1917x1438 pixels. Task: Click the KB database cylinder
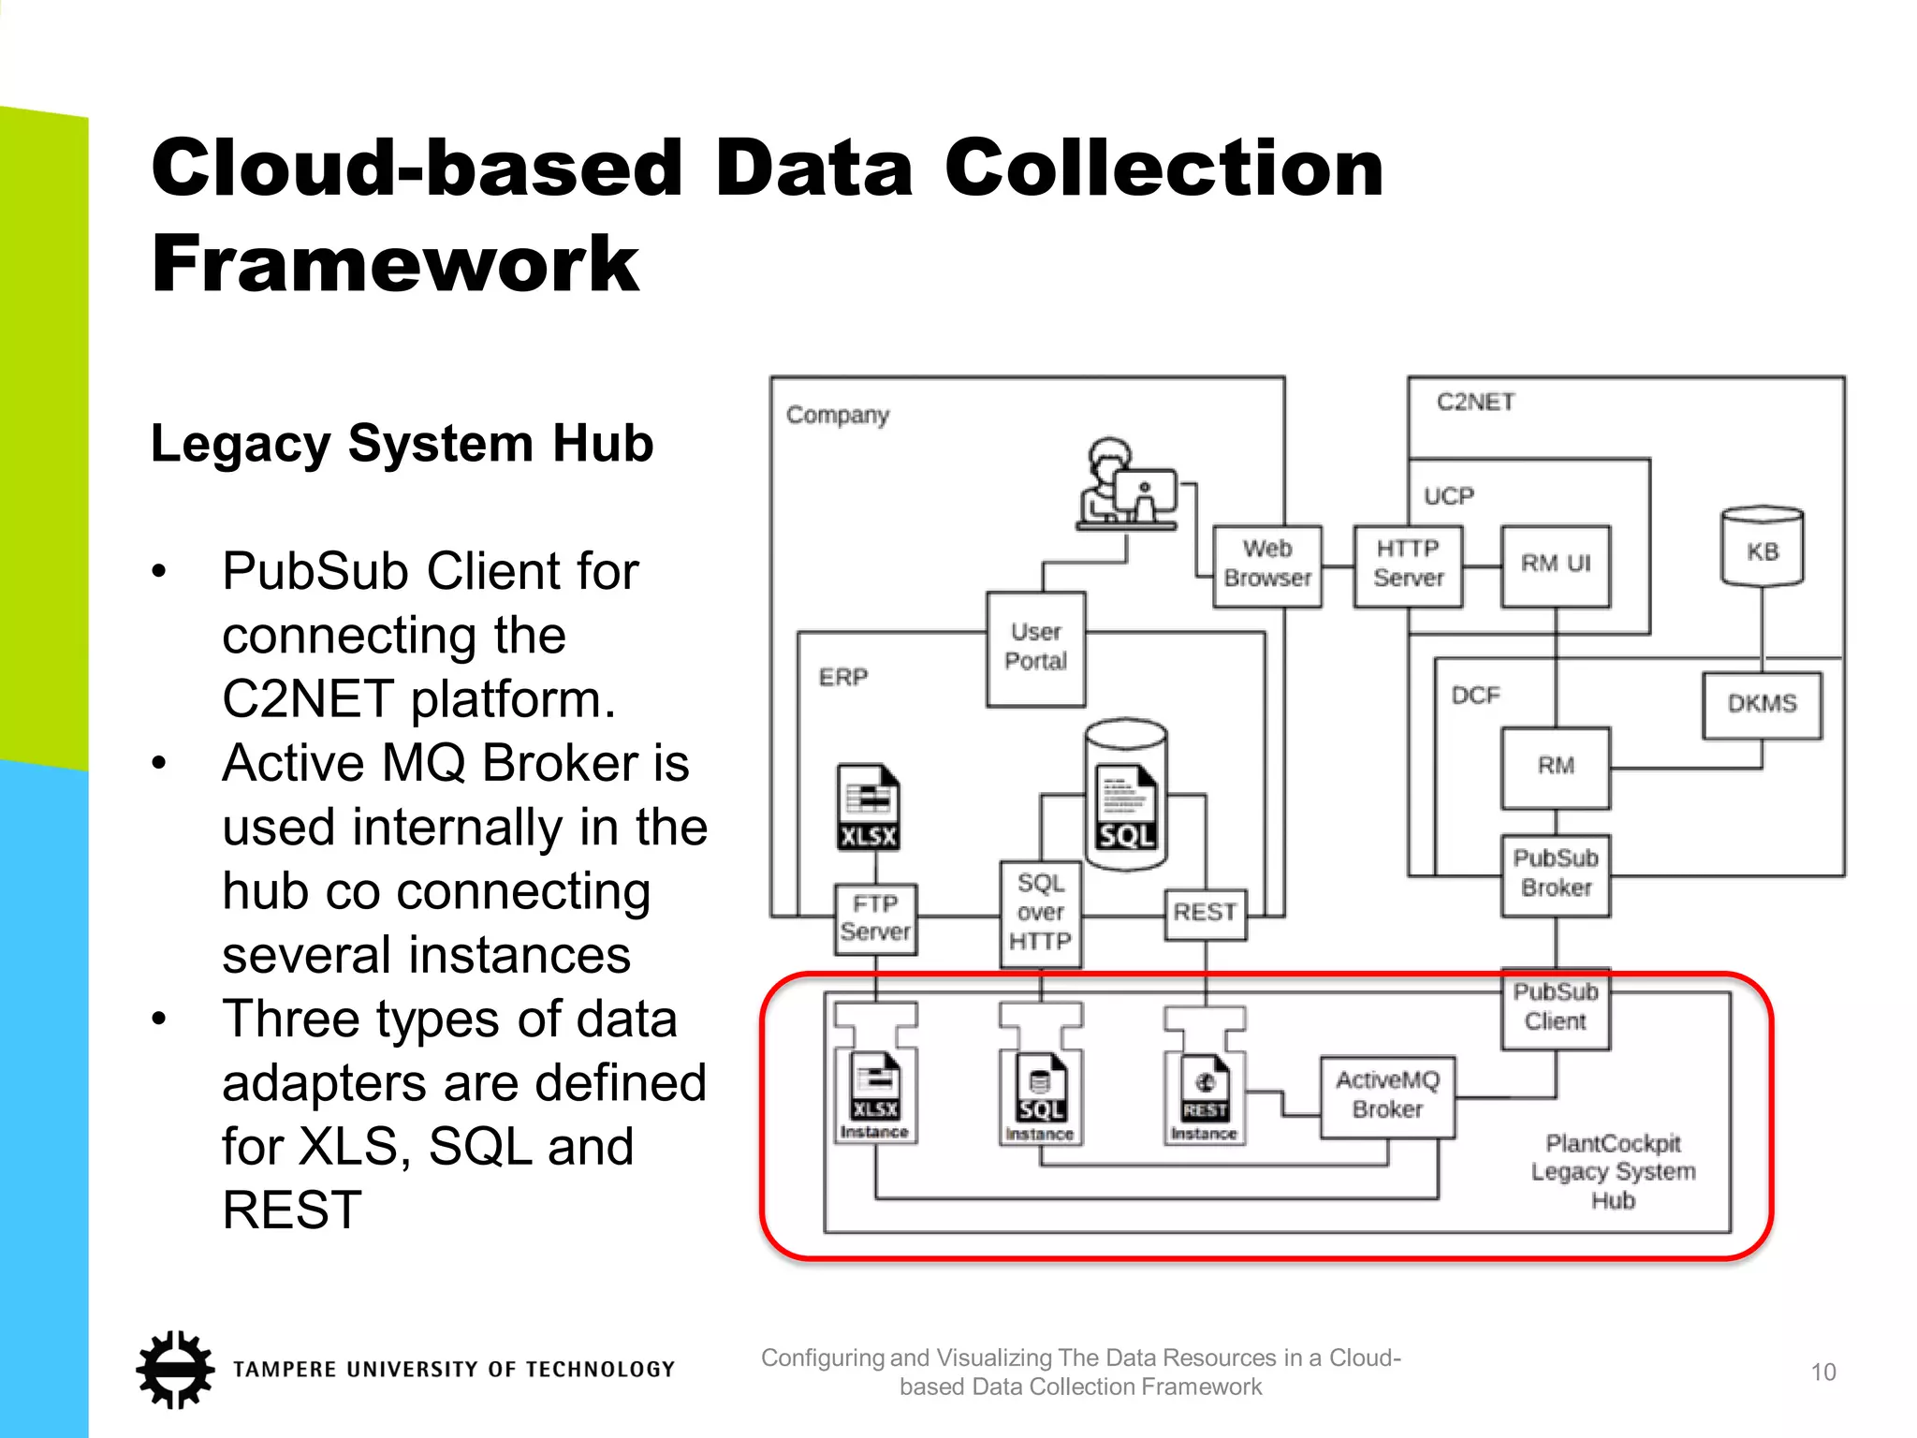coord(1762,549)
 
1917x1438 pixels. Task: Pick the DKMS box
coord(1762,705)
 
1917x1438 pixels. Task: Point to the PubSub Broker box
coord(1555,874)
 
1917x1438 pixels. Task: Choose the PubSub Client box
coord(1555,1008)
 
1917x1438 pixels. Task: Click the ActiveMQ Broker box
coord(1387,1096)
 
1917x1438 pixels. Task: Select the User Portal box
coord(1035,648)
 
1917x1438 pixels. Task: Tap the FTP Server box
coord(875,918)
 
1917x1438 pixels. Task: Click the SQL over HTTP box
coord(1040,914)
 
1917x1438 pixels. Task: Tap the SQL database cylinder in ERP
coord(1126,796)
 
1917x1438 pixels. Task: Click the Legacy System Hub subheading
coord(402,444)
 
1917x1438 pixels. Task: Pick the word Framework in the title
coord(395,265)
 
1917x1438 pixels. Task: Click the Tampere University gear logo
coord(175,1370)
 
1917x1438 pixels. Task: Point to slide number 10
coord(1822,1372)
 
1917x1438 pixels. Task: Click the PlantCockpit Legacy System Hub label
coord(1613,1172)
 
